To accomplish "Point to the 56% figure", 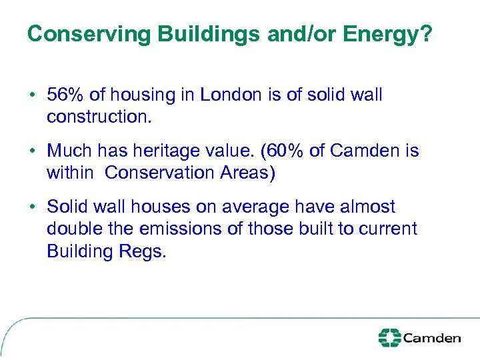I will pyautogui.click(x=64, y=95).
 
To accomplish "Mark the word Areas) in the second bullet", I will pyautogui.click(x=251, y=173).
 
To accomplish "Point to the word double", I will pyautogui.click(x=69, y=229).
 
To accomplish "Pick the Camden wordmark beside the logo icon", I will pyautogui.click(x=431, y=338).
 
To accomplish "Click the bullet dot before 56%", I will pyautogui.click(x=31, y=95).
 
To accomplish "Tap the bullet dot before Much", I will pyautogui.click(x=31, y=151).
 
